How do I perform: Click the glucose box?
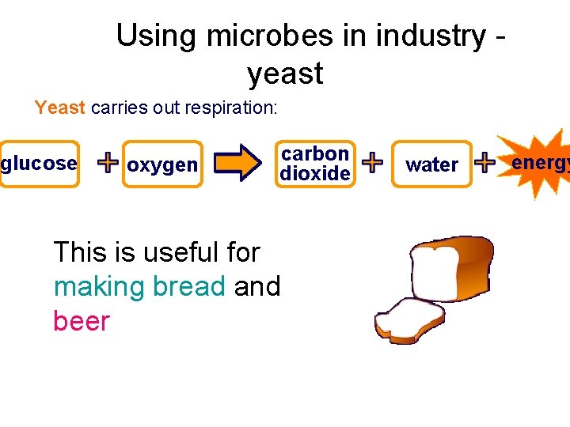[x=39, y=164]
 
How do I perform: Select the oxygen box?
[x=162, y=164]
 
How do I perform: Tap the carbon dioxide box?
[x=315, y=164]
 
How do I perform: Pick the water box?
[x=431, y=164]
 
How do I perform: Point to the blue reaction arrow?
[x=238, y=163]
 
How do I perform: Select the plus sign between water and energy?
[x=484, y=162]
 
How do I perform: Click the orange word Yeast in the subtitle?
[x=60, y=108]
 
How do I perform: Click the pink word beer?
[x=81, y=321]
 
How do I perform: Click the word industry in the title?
[x=431, y=36]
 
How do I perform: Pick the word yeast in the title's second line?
[x=285, y=74]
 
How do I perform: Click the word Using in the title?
[x=156, y=36]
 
